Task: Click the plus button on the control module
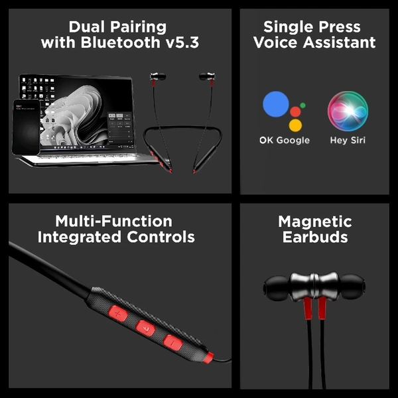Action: [x=118, y=314]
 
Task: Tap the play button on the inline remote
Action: [x=145, y=328]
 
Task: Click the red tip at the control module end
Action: [x=208, y=357]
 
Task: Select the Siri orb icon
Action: [x=348, y=111]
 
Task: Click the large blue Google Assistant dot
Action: [x=276, y=104]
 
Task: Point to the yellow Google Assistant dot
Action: [x=295, y=125]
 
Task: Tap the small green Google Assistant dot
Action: [x=302, y=105]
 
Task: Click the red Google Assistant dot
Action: [x=295, y=111]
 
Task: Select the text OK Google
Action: [x=285, y=141]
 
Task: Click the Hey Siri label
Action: [x=348, y=141]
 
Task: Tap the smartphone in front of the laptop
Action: [x=26, y=127]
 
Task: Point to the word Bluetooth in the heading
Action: [x=121, y=42]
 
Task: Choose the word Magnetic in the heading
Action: [x=314, y=222]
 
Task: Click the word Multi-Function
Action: [x=113, y=221]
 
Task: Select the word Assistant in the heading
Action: [x=340, y=42]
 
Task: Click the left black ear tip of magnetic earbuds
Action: [x=277, y=288]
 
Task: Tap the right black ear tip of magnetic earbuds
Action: [x=352, y=287]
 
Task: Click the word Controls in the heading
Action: [x=161, y=237]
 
